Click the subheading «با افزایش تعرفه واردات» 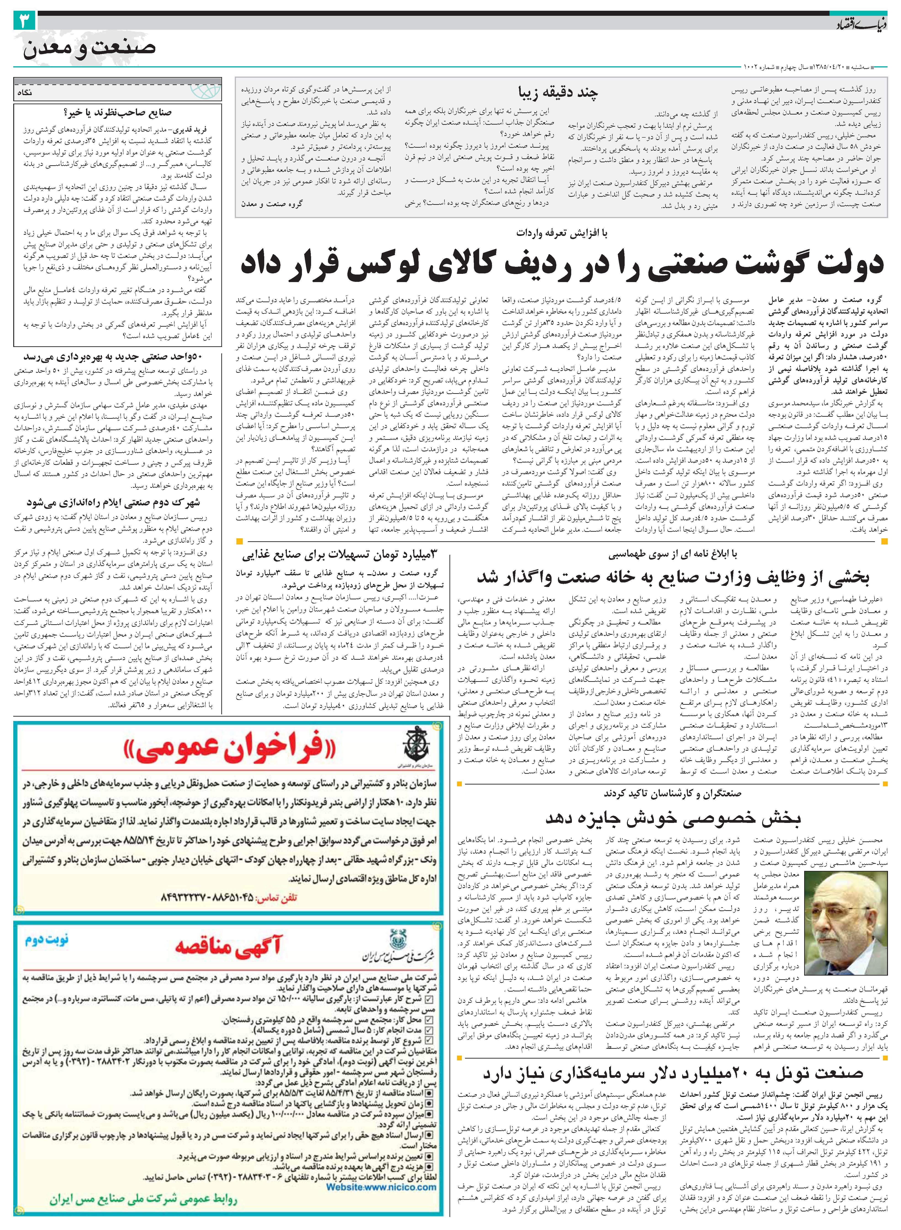(x=562, y=233)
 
